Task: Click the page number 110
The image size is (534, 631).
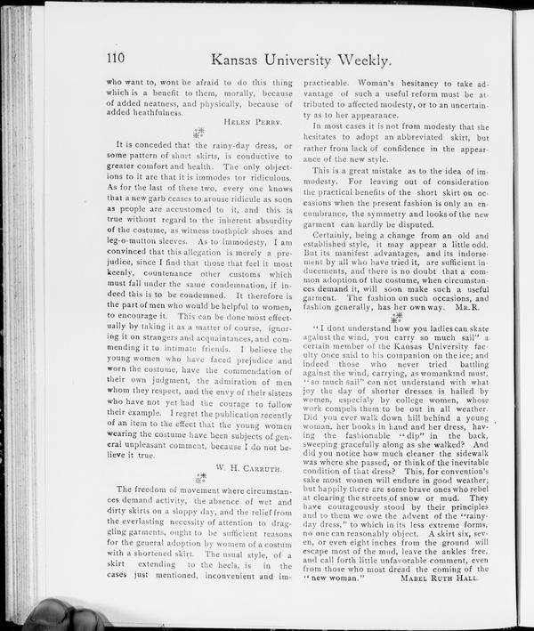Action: (115, 61)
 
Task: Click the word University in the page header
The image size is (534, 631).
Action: (282, 61)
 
